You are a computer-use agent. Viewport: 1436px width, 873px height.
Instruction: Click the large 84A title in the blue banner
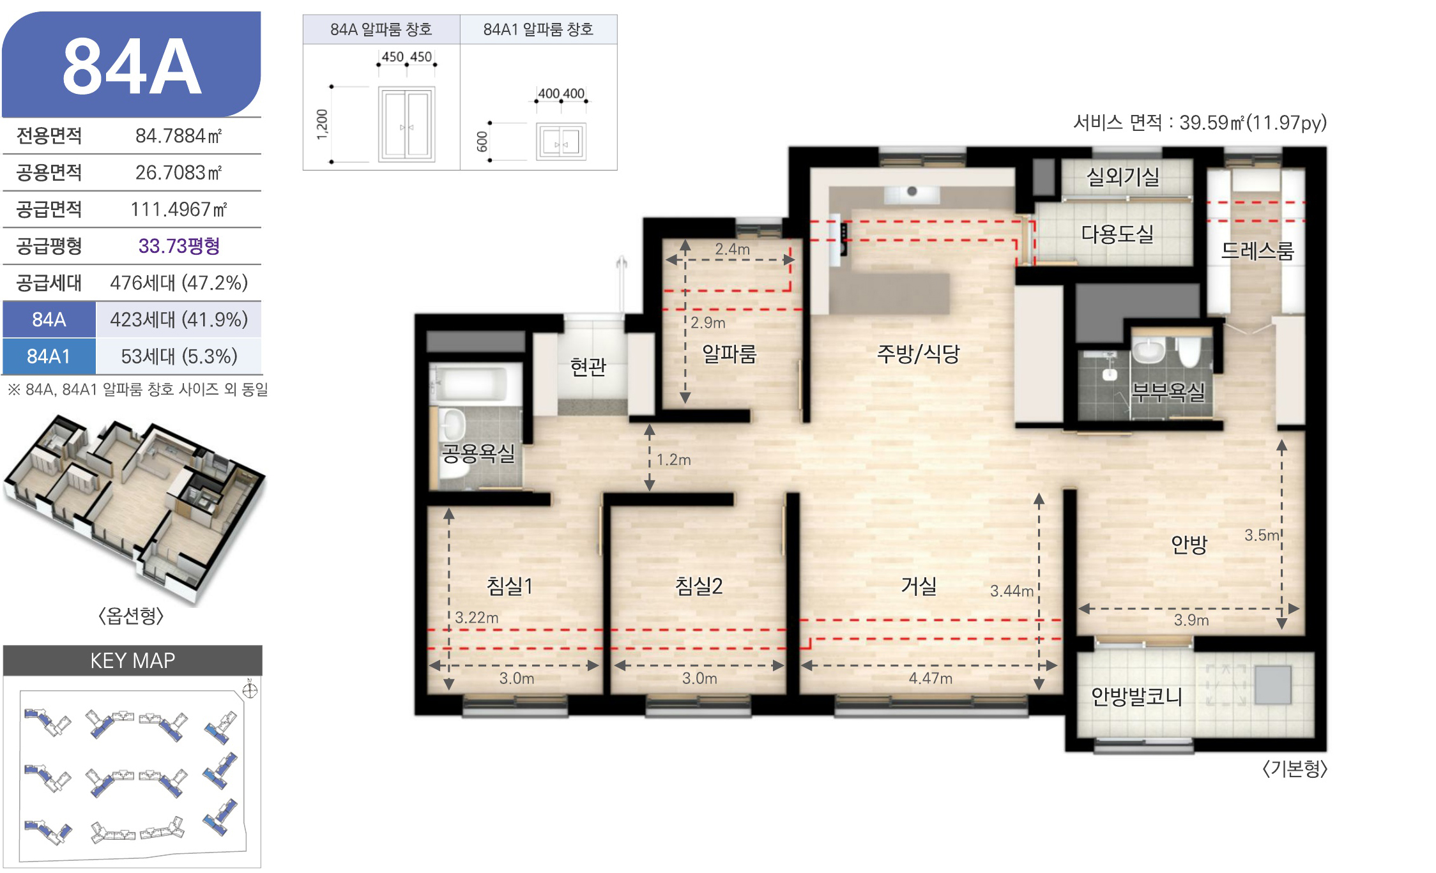pyautogui.click(x=132, y=66)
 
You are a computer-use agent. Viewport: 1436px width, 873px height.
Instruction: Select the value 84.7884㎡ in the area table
pyautogui.click(x=178, y=136)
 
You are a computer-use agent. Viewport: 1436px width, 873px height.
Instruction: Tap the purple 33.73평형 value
pyautogui.click(x=179, y=246)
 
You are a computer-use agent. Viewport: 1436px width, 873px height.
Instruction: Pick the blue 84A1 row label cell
pyautogui.click(x=49, y=356)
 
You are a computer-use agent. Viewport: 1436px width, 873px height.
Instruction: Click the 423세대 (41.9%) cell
pyautogui.click(x=179, y=319)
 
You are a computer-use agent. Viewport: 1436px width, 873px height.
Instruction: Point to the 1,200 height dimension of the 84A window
pyautogui.click(x=322, y=125)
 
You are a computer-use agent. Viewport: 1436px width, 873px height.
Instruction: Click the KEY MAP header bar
pyautogui.click(x=133, y=660)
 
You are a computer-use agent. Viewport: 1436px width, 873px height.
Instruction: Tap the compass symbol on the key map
pyautogui.click(x=250, y=690)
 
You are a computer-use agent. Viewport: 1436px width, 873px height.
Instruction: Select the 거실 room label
pyautogui.click(x=919, y=586)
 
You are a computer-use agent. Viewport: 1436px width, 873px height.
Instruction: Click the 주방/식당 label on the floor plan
pyautogui.click(x=919, y=354)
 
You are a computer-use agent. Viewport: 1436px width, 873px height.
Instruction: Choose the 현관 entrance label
pyautogui.click(x=588, y=367)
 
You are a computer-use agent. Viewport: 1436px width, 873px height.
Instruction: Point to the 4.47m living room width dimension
pyautogui.click(x=930, y=678)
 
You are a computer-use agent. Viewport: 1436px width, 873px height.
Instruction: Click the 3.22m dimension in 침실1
pyautogui.click(x=477, y=618)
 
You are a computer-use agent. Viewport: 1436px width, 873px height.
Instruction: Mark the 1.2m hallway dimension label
pyautogui.click(x=674, y=459)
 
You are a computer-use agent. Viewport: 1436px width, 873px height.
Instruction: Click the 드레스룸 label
pyautogui.click(x=1257, y=251)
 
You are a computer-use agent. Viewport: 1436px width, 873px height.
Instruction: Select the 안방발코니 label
pyautogui.click(x=1136, y=696)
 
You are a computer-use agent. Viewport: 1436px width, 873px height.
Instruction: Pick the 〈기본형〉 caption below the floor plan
pyautogui.click(x=1295, y=768)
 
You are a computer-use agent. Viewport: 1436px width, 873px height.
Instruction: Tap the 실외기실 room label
pyautogui.click(x=1123, y=177)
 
